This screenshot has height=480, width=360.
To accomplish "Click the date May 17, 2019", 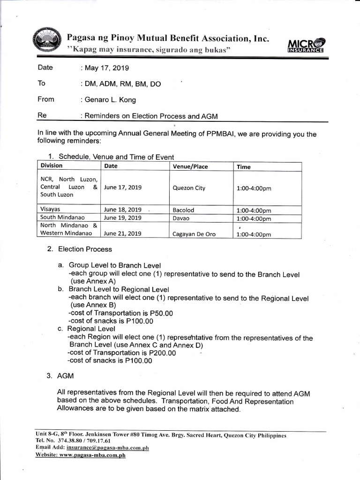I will [103, 68].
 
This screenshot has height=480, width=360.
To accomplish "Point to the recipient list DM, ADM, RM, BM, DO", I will [122, 84].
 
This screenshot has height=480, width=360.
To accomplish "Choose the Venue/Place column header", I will [190, 167].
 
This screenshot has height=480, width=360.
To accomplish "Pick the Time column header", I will [244, 167].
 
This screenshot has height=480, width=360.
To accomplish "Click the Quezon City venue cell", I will [189, 188].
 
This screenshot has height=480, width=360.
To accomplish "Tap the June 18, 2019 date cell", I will [123, 210].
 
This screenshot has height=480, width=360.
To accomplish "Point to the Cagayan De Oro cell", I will [194, 234].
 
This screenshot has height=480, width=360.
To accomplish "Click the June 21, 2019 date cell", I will [123, 233].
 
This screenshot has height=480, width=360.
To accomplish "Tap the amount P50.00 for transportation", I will [157, 313].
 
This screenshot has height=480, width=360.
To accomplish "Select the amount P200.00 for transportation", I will [158, 353].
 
